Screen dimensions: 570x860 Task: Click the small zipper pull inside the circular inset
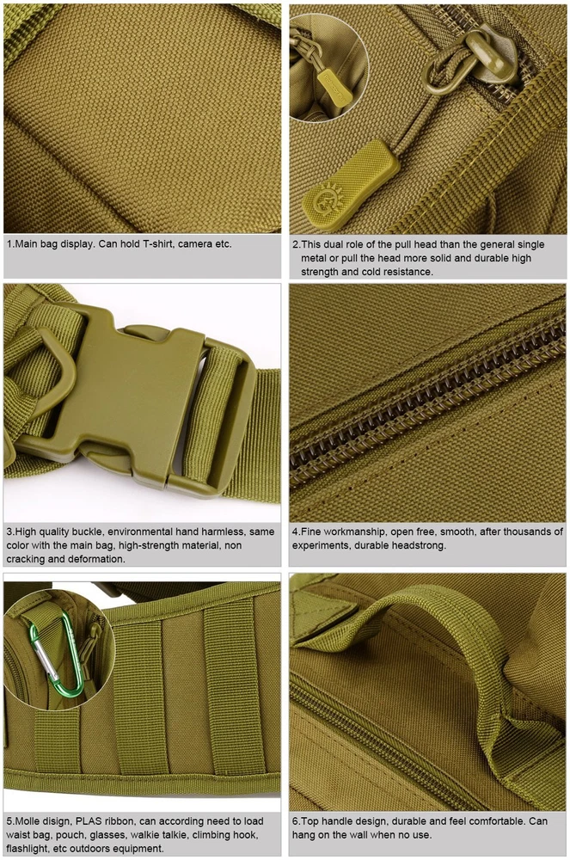334,87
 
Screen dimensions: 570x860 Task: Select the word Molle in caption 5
28,821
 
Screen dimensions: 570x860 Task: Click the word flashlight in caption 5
27,849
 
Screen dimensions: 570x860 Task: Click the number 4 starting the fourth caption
295,531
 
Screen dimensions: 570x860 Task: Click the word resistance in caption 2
408,272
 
